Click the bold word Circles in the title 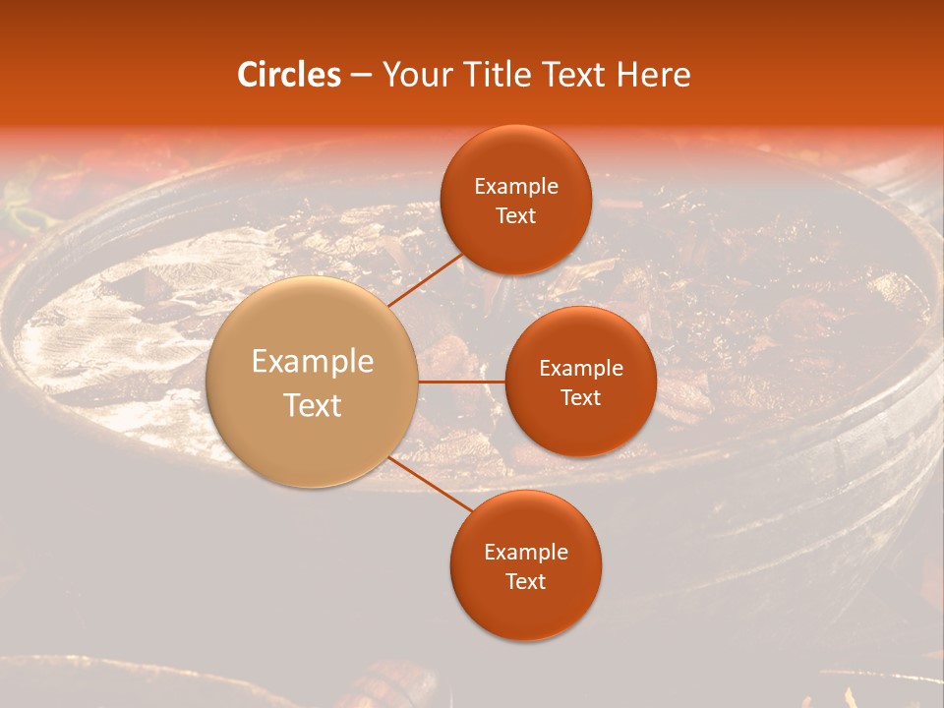(288, 75)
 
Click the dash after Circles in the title (361, 76)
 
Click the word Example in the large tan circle (313, 362)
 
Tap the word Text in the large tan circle (313, 405)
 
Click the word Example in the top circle (515, 187)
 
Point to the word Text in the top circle (515, 216)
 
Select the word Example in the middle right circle (580, 369)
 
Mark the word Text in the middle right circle (580, 398)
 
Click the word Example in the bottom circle (525, 553)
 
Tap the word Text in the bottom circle (525, 582)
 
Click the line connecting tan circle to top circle (426, 280)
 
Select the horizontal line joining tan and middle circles (462, 382)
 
